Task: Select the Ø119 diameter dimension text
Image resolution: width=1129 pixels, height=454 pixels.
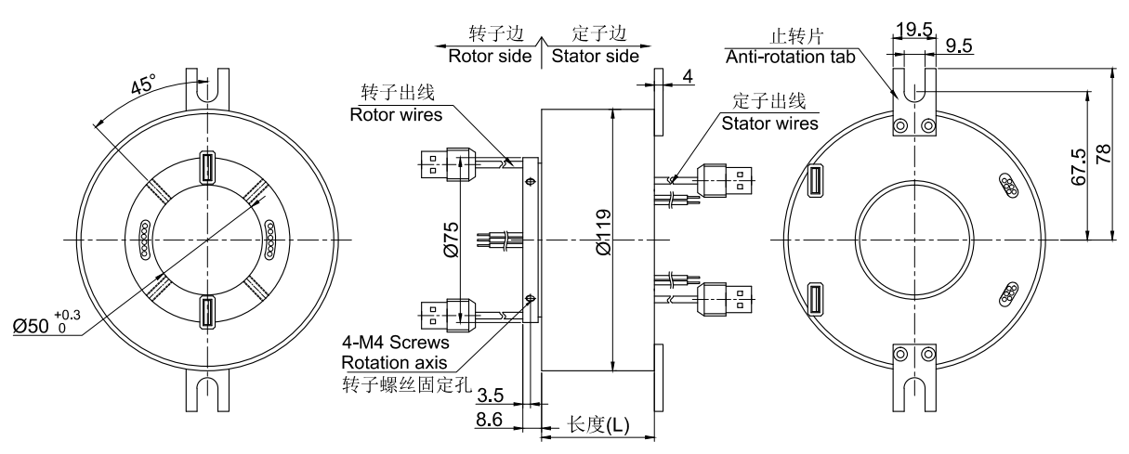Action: (x=602, y=240)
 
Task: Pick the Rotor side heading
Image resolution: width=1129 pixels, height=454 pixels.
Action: (x=491, y=56)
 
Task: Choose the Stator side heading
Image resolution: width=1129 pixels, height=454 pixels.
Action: (x=596, y=56)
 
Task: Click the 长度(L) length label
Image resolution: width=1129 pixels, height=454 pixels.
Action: (x=597, y=425)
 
